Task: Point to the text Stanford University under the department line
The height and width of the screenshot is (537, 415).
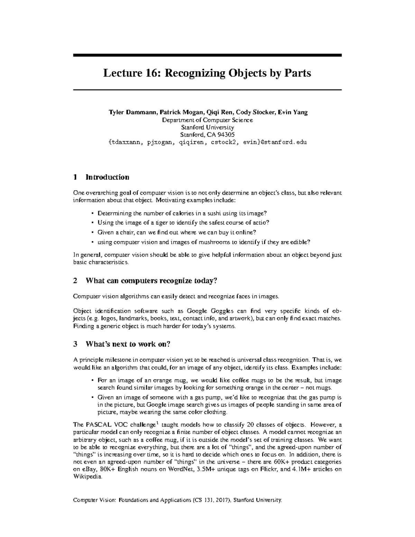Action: tap(207, 127)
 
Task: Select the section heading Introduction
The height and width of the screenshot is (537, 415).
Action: tap(107, 177)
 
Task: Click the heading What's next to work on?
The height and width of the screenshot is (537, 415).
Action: tap(128, 344)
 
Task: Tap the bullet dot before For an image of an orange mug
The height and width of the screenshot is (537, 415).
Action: tap(92, 380)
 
